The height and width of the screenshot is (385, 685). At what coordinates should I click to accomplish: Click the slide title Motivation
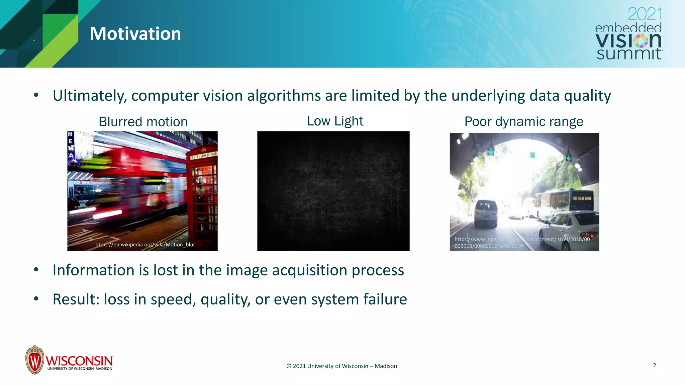[135, 34]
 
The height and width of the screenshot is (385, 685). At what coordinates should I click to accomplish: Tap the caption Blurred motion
[143, 122]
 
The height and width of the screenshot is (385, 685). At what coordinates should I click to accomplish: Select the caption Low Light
[335, 121]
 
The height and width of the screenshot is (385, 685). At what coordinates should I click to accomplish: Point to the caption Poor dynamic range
[523, 121]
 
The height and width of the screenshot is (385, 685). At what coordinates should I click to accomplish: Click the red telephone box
[202, 194]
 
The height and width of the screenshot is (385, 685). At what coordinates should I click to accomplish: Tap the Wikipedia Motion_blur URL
[145, 245]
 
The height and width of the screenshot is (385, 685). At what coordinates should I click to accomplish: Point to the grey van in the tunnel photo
[486, 214]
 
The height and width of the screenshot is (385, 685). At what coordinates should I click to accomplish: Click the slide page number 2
[654, 365]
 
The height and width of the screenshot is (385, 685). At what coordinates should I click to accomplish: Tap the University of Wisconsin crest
[34, 360]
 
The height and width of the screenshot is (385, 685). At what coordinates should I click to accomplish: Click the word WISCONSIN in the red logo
[79, 361]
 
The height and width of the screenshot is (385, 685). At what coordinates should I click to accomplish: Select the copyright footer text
[341, 366]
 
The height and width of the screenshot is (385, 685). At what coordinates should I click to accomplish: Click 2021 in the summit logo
[645, 14]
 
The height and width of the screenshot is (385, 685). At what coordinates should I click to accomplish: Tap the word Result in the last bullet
[74, 299]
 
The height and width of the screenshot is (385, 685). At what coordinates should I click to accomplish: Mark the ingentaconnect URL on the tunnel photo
[522, 243]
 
